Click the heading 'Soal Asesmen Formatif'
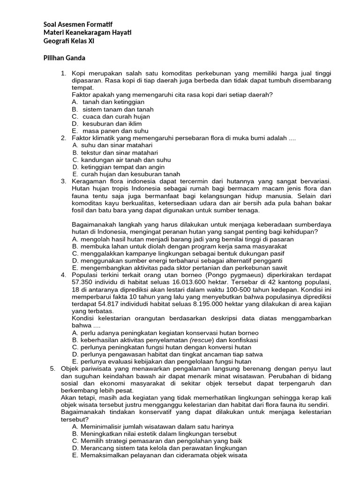click(x=78, y=24)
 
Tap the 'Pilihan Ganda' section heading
click(x=64, y=58)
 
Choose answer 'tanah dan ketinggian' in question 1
click(x=113, y=102)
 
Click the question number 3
click(x=64, y=181)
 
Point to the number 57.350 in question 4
click(x=83, y=282)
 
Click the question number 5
click(x=53, y=369)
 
